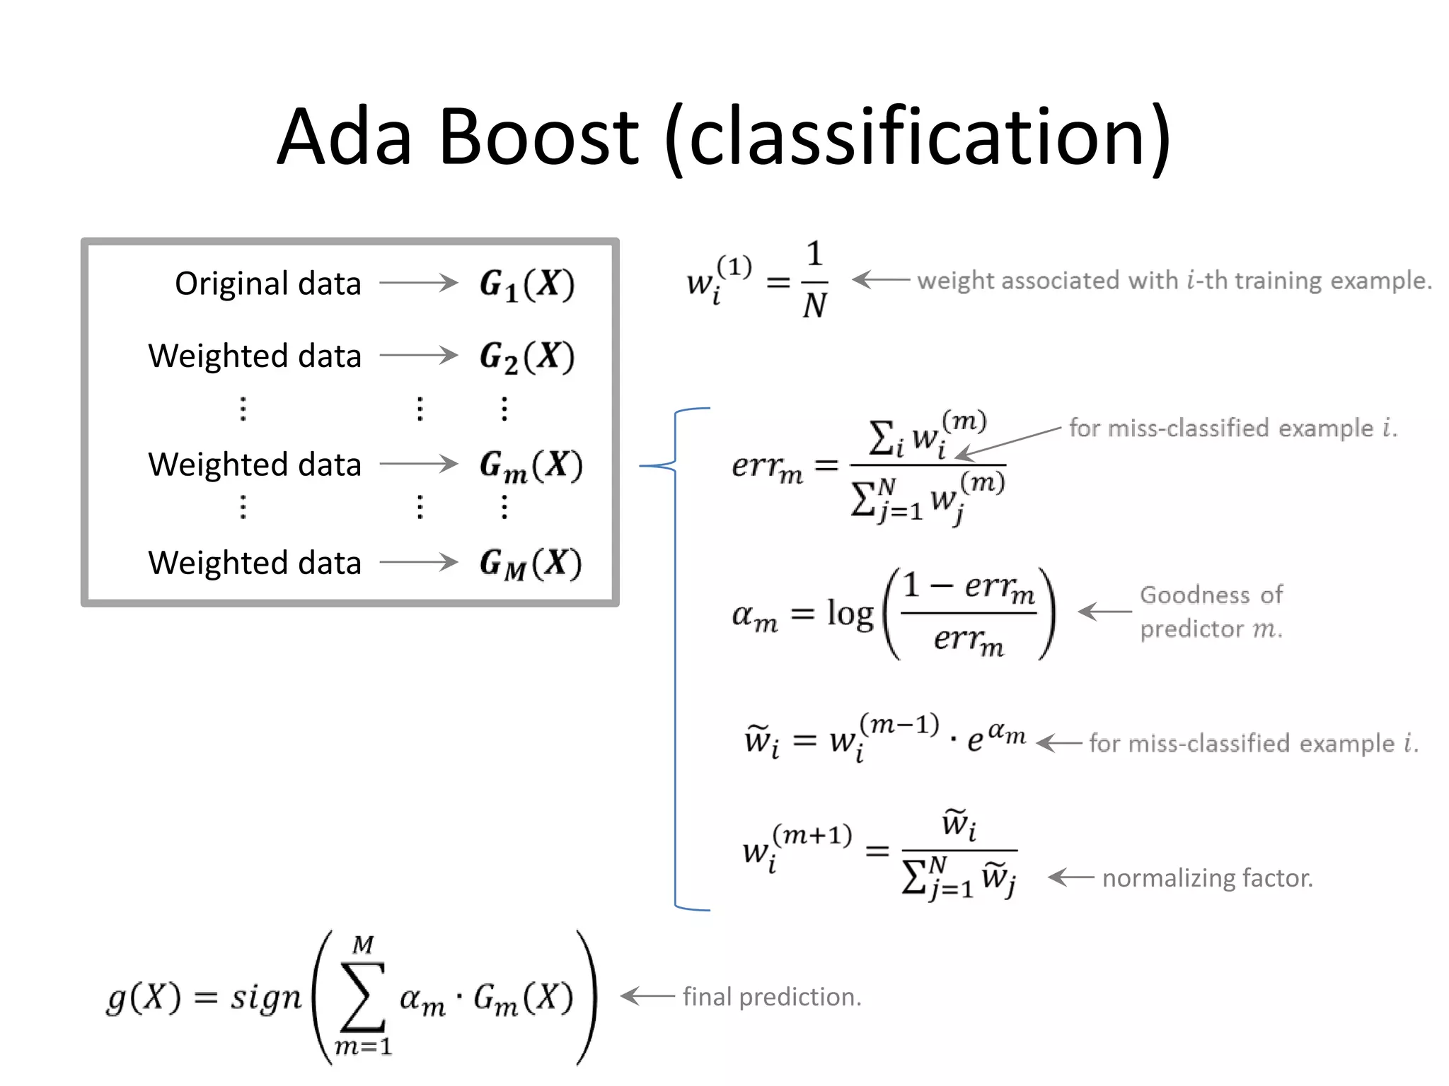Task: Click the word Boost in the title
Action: click(x=538, y=136)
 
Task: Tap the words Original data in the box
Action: click(x=267, y=284)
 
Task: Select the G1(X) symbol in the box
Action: click(x=526, y=284)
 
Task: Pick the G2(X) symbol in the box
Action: click(x=526, y=356)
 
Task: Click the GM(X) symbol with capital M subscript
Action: click(x=530, y=564)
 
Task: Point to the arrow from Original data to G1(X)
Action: click(x=419, y=283)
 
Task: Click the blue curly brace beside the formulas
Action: click(x=676, y=658)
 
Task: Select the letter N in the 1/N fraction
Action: click(x=814, y=306)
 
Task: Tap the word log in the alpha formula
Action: click(x=850, y=613)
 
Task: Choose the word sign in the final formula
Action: click(x=265, y=998)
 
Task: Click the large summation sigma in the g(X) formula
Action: click(x=362, y=995)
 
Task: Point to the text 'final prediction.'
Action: click(x=771, y=997)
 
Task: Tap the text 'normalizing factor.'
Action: click(x=1207, y=878)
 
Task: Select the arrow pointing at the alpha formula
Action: click(x=1104, y=612)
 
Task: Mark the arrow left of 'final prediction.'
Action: click(x=647, y=996)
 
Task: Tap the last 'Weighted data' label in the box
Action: click(x=255, y=564)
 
